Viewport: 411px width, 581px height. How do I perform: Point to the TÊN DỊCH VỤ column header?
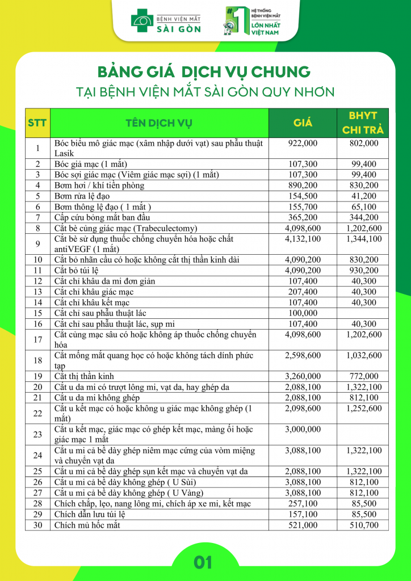(159, 123)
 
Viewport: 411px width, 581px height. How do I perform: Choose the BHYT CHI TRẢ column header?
(363, 123)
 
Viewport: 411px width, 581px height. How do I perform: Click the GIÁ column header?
(303, 123)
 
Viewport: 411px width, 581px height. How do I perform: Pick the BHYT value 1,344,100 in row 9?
(363, 239)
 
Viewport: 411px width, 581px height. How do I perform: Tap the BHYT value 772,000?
(363, 376)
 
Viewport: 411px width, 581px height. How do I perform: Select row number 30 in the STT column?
(38, 525)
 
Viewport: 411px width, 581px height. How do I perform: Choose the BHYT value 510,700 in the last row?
(363, 525)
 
